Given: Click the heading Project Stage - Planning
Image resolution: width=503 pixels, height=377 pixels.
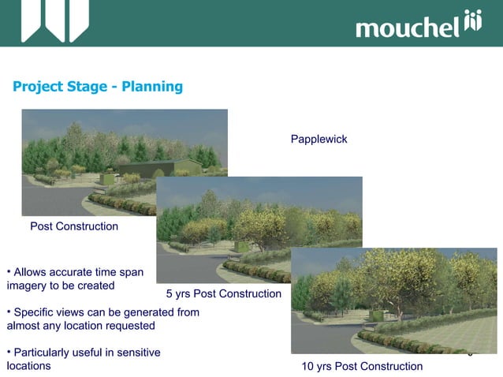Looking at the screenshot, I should click(98, 86).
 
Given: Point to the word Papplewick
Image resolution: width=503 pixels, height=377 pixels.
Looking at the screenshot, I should click(319, 140).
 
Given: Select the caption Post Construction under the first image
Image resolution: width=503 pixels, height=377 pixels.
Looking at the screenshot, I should click(74, 226).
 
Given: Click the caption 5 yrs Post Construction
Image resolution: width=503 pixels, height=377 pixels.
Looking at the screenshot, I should click(223, 294).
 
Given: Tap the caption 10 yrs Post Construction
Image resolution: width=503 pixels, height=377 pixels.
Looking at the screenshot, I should click(362, 366).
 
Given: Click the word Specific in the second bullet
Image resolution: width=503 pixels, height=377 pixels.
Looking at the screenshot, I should click(35, 312).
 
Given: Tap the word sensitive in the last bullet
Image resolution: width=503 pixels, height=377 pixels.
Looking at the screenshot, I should click(136, 353).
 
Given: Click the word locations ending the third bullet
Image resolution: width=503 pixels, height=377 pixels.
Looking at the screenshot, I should click(28, 366).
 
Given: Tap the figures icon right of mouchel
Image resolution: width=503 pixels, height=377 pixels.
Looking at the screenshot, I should click(472, 22).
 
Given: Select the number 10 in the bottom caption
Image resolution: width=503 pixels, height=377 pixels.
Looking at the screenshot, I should click(308, 366).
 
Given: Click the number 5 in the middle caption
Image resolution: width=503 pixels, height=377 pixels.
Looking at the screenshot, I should click(170, 294).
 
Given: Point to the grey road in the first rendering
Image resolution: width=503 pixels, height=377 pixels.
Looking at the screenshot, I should click(47, 201).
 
